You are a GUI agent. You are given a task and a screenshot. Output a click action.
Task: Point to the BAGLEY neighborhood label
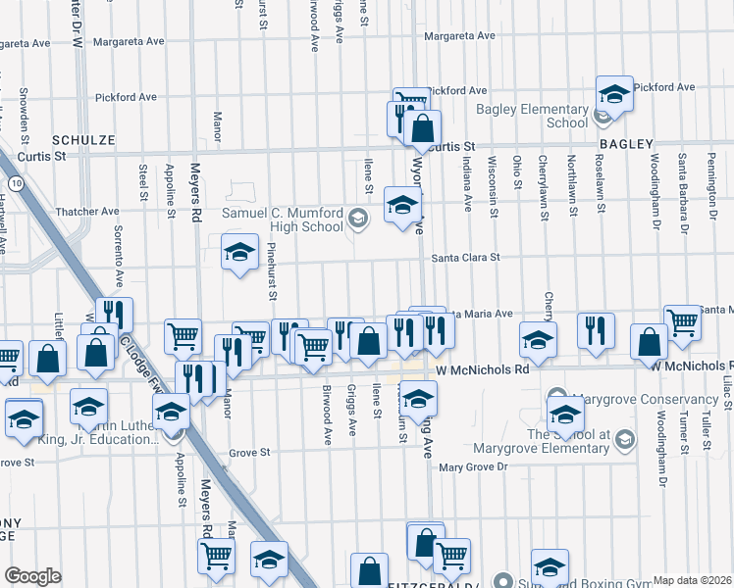pos(625,144)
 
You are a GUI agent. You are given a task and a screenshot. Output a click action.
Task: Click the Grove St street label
pos(249,453)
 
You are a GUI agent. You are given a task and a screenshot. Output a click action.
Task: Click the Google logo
pos(32,576)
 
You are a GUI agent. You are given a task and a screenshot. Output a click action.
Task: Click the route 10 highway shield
pos(16,182)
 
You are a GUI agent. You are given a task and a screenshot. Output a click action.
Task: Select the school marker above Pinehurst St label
pos(239,253)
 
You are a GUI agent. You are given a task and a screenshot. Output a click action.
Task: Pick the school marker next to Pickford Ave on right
pos(614,94)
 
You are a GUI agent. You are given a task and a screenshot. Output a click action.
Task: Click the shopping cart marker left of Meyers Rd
pos(183,336)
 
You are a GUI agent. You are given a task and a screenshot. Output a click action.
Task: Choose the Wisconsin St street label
pos(491,172)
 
